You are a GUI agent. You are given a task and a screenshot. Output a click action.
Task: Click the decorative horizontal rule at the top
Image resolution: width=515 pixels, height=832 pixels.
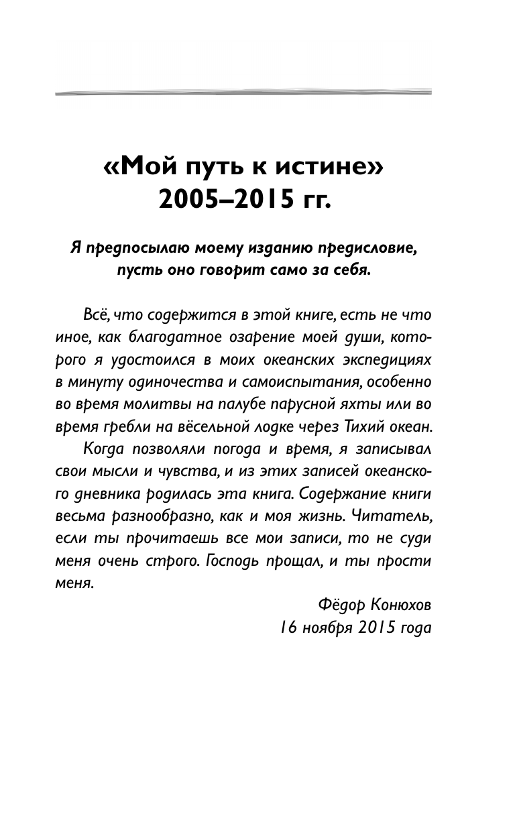(x=243, y=92)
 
